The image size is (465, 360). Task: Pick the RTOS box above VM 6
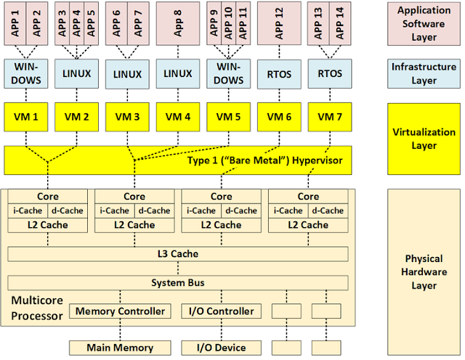280,73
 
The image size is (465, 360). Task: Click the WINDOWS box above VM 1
25,73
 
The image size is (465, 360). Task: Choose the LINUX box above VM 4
178,73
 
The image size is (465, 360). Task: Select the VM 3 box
127,117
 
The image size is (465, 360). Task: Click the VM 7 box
330,117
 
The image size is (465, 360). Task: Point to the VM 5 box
229,117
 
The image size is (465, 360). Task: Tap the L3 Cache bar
178,254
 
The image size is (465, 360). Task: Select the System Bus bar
178,282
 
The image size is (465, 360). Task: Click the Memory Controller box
121,311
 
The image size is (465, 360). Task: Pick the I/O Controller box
221,311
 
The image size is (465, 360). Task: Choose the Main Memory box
121,348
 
